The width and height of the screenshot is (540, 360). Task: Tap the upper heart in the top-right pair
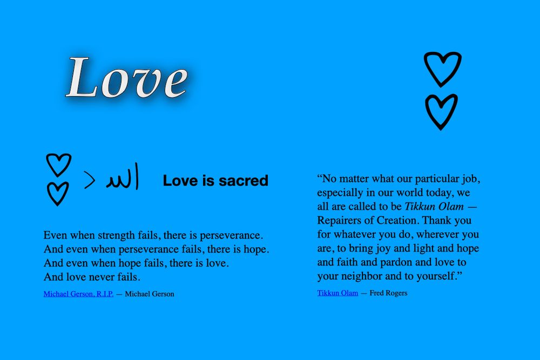coord(442,69)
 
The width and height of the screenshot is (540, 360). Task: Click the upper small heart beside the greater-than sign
coord(58,165)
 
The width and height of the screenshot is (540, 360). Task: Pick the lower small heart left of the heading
coord(58,193)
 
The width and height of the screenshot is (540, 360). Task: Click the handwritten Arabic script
coord(123,178)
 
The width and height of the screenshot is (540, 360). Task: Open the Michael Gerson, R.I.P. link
coord(78,294)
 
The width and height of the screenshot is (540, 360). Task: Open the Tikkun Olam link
coord(337,293)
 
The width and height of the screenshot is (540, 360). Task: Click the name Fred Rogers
coord(388,293)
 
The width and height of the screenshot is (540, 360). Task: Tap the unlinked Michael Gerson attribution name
coord(150,294)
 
